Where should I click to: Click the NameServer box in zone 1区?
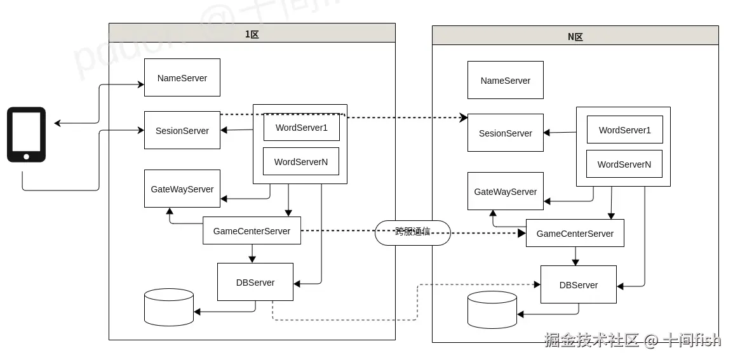click(182, 78)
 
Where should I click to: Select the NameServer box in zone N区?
click(506, 81)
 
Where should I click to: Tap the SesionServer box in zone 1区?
click(182, 131)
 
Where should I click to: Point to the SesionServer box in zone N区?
click(506, 133)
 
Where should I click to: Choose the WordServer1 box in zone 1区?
click(302, 128)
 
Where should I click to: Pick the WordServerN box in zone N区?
click(624, 164)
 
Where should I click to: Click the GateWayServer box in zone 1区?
click(182, 189)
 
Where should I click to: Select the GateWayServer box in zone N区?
click(506, 192)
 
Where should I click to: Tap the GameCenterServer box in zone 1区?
click(252, 231)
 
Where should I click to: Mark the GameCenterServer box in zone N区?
click(575, 234)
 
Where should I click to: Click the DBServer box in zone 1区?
click(255, 283)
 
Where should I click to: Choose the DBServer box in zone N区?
click(579, 285)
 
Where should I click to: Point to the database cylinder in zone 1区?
click(169, 307)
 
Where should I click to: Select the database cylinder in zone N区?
click(492, 310)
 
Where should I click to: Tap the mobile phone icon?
click(26, 135)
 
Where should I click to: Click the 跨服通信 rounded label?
click(413, 232)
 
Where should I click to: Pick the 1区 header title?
click(252, 34)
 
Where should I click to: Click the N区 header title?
click(575, 37)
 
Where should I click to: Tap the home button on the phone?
click(26, 156)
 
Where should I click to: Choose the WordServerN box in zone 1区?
click(301, 162)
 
